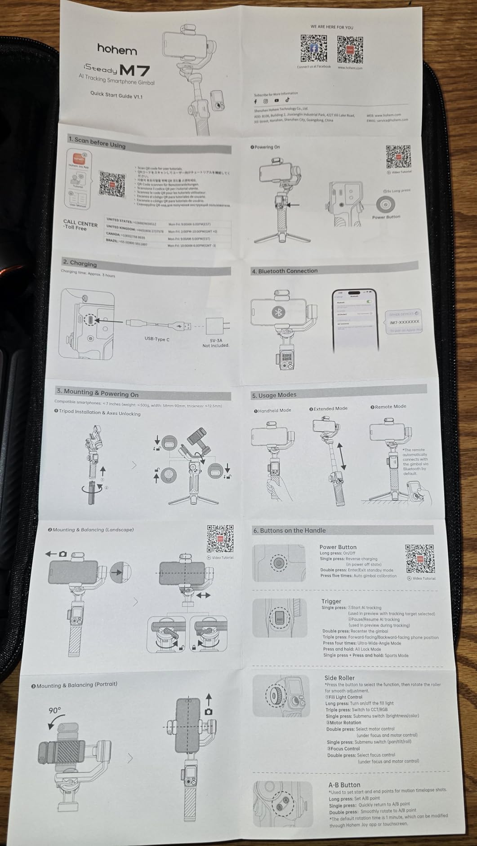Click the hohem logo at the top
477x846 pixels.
117,49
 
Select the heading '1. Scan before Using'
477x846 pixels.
97,142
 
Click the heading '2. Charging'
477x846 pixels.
80,263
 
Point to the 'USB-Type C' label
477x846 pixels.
157,339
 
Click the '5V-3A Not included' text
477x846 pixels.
216,343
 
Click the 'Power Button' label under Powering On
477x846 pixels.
386,217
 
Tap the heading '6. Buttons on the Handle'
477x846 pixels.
289,530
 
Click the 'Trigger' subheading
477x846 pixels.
331,601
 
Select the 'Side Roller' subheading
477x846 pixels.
339,678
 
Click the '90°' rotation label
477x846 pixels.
55,710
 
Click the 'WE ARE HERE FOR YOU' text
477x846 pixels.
332,27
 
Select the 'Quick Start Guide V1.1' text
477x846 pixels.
116,95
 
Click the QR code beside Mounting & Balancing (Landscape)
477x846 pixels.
220,538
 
